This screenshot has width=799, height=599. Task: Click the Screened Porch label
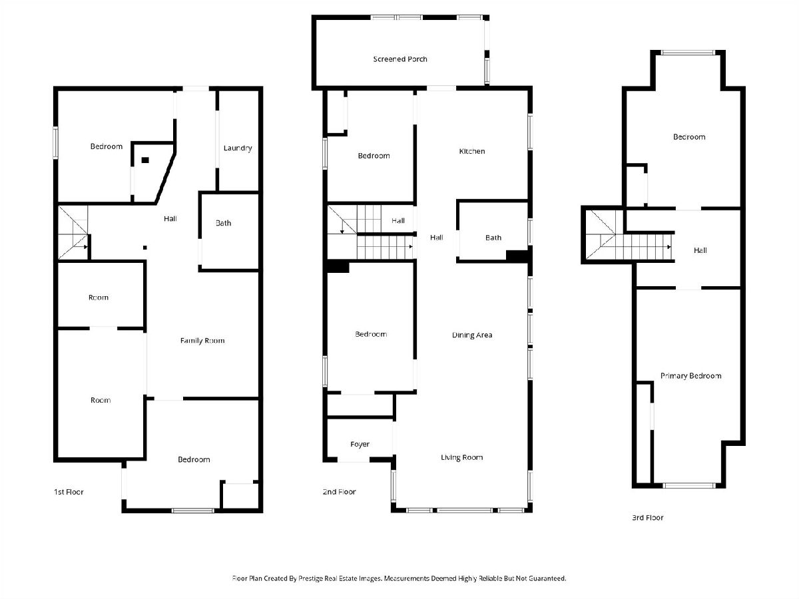tap(400, 59)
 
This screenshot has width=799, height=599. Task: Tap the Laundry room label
tap(238, 148)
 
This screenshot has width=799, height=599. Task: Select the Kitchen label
tap(472, 151)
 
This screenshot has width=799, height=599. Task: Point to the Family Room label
tap(202, 340)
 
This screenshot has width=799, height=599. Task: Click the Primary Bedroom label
tap(690, 375)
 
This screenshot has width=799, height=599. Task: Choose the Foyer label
tap(360, 444)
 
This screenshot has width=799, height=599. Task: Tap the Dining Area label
tap(472, 335)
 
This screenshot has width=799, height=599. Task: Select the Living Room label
tap(461, 457)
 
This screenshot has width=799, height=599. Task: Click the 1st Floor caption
tap(69, 492)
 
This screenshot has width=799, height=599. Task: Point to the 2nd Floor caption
tap(340, 492)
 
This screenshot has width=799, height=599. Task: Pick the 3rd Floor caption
tap(648, 517)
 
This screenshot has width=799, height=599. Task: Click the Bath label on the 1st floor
tap(223, 223)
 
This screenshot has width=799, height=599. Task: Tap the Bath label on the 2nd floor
tap(493, 238)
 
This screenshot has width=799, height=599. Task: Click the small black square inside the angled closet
tap(145, 160)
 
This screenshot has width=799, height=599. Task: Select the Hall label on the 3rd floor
tap(700, 250)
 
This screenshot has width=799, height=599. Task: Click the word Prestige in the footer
tap(312, 578)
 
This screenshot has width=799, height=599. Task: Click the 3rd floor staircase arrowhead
tap(669, 247)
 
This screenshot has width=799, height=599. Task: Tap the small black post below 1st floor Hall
tap(145, 248)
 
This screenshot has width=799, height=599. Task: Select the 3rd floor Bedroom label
tap(689, 136)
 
